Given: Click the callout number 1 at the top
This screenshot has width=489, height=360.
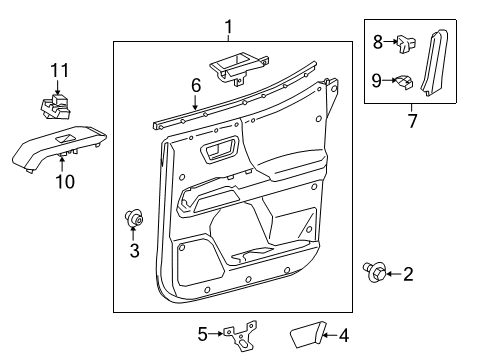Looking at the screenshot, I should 229,27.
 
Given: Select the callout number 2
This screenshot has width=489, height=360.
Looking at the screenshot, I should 407,272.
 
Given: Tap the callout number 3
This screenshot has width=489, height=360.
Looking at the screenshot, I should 133,250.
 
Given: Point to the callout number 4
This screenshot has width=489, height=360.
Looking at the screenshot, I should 343,335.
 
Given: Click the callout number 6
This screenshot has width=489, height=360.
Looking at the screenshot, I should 197,87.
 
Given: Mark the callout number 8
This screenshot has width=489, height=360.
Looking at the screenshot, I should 378,41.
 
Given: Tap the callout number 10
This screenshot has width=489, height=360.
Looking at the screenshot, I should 65,182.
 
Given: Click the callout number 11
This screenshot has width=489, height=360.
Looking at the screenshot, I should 59,69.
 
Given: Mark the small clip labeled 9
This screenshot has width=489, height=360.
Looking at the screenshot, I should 404,82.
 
